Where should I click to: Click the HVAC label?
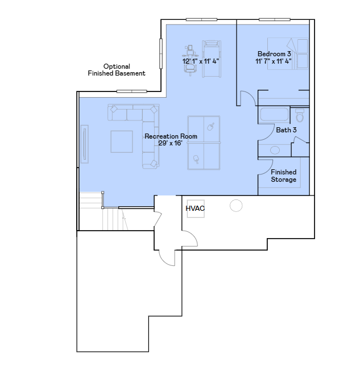tap(195, 209)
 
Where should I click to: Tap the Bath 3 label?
tap(286, 130)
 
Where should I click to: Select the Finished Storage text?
tap(284, 176)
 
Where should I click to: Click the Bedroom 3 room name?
tap(274, 54)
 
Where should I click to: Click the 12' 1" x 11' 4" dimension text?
tap(201, 61)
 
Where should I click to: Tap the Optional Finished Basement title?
tap(117, 70)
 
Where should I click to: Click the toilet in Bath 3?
tap(300, 115)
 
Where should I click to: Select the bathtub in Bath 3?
tap(274, 114)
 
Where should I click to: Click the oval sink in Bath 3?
tap(275, 150)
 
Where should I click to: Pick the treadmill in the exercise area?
tap(212, 59)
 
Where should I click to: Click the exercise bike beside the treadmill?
tap(191, 60)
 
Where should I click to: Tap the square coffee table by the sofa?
tap(122, 141)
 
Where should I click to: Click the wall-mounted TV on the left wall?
tap(85, 144)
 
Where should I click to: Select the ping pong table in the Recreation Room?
tap(204, 143)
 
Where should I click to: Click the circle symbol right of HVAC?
tap(236, 206)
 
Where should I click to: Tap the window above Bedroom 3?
tap(275, 19)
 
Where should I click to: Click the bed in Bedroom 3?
tap(288, 53)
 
